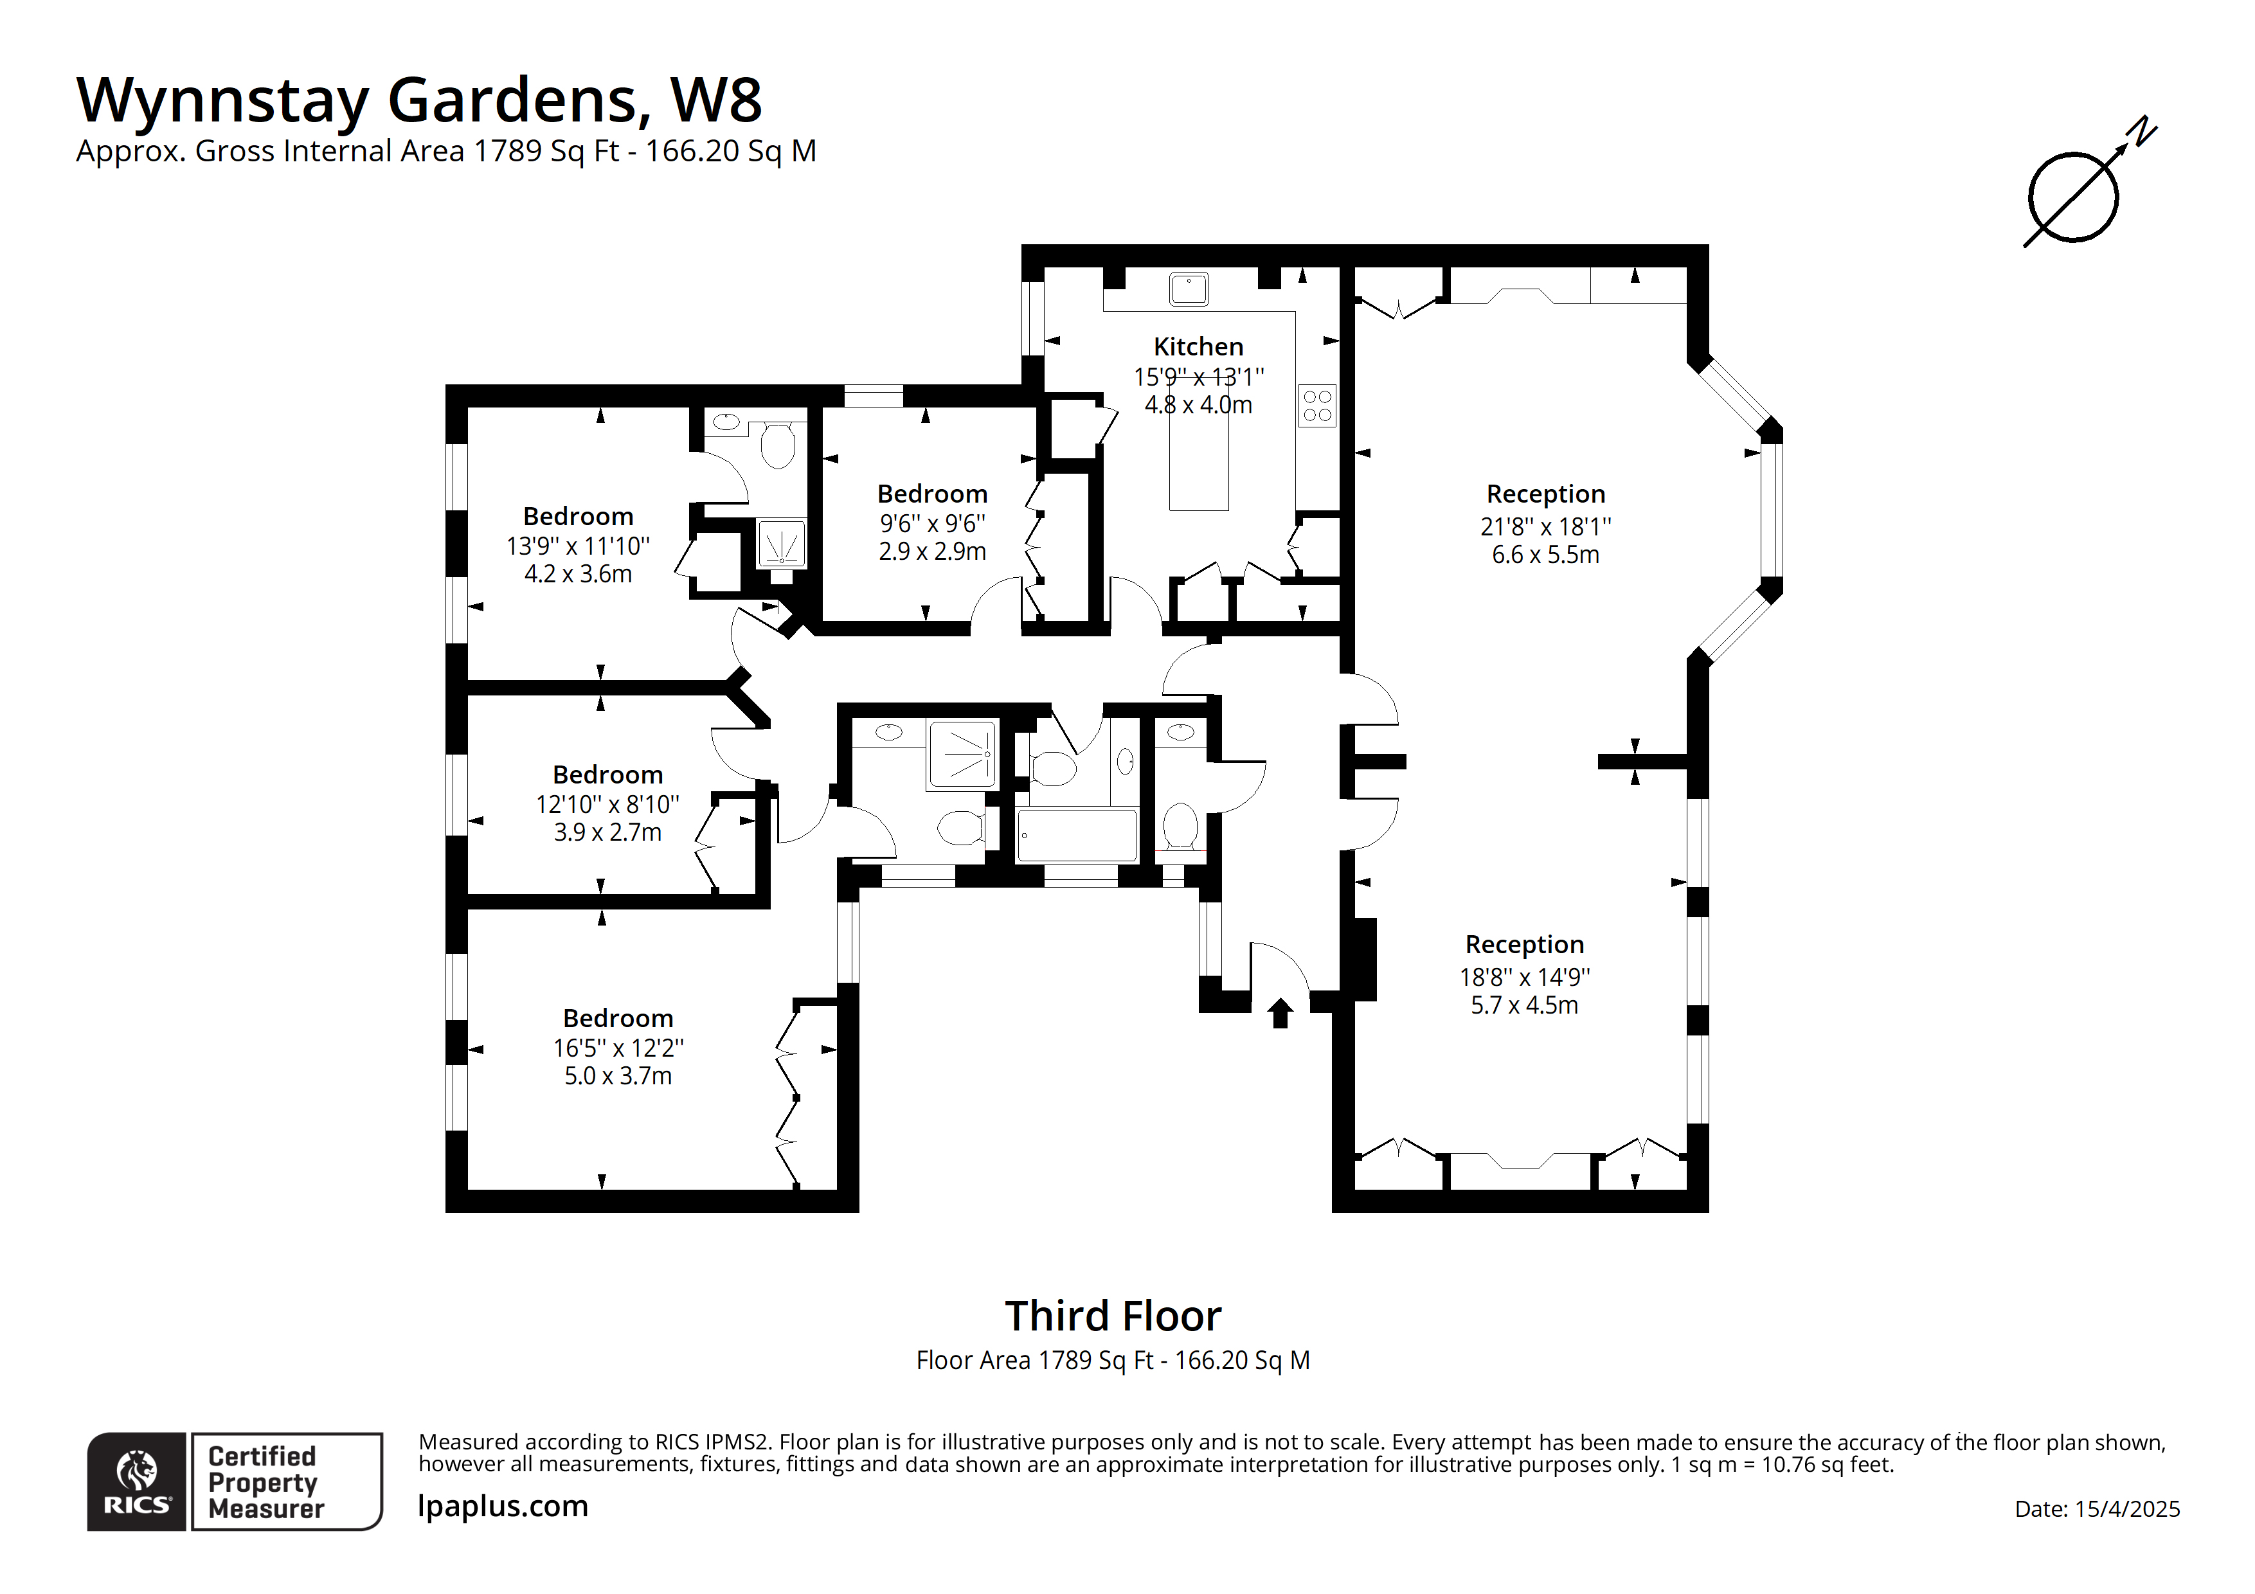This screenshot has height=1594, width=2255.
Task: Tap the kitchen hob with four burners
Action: pyautogui.click(x=1317, y=406)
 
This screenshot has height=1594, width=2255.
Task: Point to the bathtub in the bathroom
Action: pyautogui.click(x=1077, y=836)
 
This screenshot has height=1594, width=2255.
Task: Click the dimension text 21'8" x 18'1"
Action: pyautogui.click(x=1545, y=526)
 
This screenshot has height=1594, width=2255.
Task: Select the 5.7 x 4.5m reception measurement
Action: pyautogui.click(x=1523, y=1005)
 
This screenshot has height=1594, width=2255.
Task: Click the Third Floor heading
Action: pyautogui.click(x=1113, y=1316)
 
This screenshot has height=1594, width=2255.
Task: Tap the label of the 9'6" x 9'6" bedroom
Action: pyautogui.click(x=932, y=494)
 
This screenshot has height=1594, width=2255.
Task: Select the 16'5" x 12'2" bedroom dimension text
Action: pyautogui.click(x=618, y=1048)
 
